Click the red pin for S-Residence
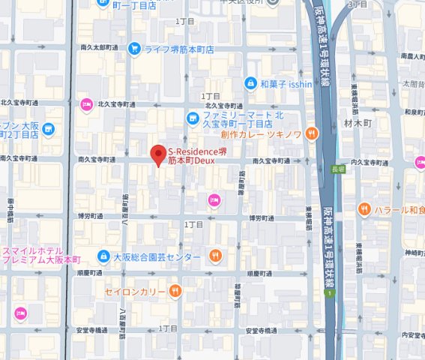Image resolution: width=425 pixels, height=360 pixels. click(157, 154)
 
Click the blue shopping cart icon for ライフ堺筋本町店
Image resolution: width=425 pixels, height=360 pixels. click(134, 49)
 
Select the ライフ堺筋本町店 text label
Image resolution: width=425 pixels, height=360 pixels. click(179, 49)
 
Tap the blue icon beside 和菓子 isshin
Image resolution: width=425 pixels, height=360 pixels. click(250, 82)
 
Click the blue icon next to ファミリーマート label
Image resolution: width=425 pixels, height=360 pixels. click(193, 118)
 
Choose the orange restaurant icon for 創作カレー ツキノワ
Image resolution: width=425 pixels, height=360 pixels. click(312, 134)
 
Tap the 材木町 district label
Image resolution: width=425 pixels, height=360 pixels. click(353, 122)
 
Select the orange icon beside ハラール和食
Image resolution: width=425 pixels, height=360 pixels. click(364, 208)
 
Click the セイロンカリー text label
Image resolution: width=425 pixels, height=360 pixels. click(135, 290)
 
